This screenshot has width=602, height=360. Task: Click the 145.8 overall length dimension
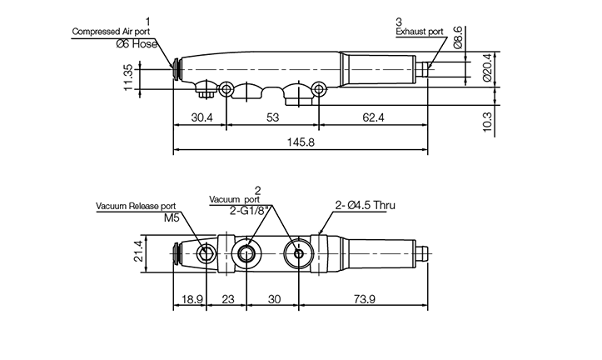tap(301, 142)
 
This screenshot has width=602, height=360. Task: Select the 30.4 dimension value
tap(202, 117)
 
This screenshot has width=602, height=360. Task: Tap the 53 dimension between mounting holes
tap(272, 117)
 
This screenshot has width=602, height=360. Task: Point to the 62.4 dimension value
tap(373, 117)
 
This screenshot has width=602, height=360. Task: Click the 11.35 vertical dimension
tap(128, 78)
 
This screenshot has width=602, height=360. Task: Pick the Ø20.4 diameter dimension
tap(487, 67)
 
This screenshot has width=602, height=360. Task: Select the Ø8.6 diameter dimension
tap(458, 37)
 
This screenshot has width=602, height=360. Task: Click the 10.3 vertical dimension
tap(487, 122)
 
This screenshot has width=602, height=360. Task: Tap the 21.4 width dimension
tap(138, 251)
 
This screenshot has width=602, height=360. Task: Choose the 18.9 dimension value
tap(192, 299)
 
